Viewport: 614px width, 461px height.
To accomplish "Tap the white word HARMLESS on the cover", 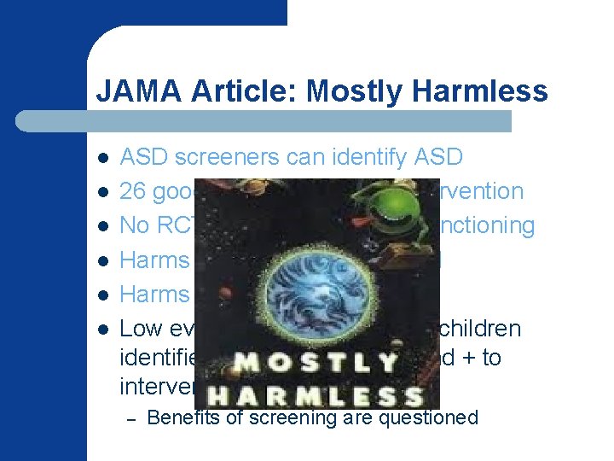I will pyautogui.click(x=317, y=394).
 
